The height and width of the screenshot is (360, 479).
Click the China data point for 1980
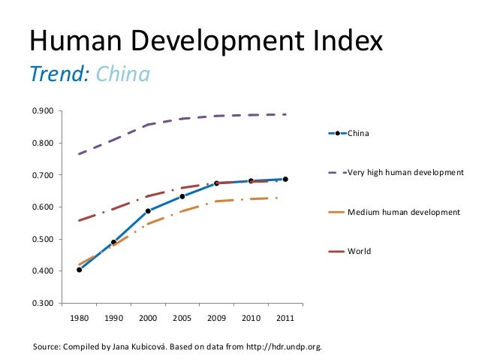coord(79,269)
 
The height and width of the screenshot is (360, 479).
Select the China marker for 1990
coord(113,243)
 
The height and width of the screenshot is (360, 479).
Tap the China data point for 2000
coord(148,211)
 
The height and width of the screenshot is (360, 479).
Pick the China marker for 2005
coord(182,197)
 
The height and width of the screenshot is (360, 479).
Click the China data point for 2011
coord(285,179)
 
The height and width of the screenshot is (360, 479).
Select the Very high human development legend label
coord(405,173)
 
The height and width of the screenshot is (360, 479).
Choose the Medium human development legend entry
coord(403,213)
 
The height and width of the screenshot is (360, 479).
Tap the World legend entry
coord(359,251)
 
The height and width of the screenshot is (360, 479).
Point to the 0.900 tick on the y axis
coord(42,112)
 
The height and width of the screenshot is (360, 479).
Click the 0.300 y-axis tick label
coord(42,304)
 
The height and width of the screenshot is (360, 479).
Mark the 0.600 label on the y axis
coord(42,207)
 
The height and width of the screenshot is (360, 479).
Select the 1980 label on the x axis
coord(79,318)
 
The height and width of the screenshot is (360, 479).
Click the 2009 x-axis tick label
coord(217,318)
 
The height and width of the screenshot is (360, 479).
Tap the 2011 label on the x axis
coord(285,318)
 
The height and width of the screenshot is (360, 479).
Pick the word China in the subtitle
coord(124,75)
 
